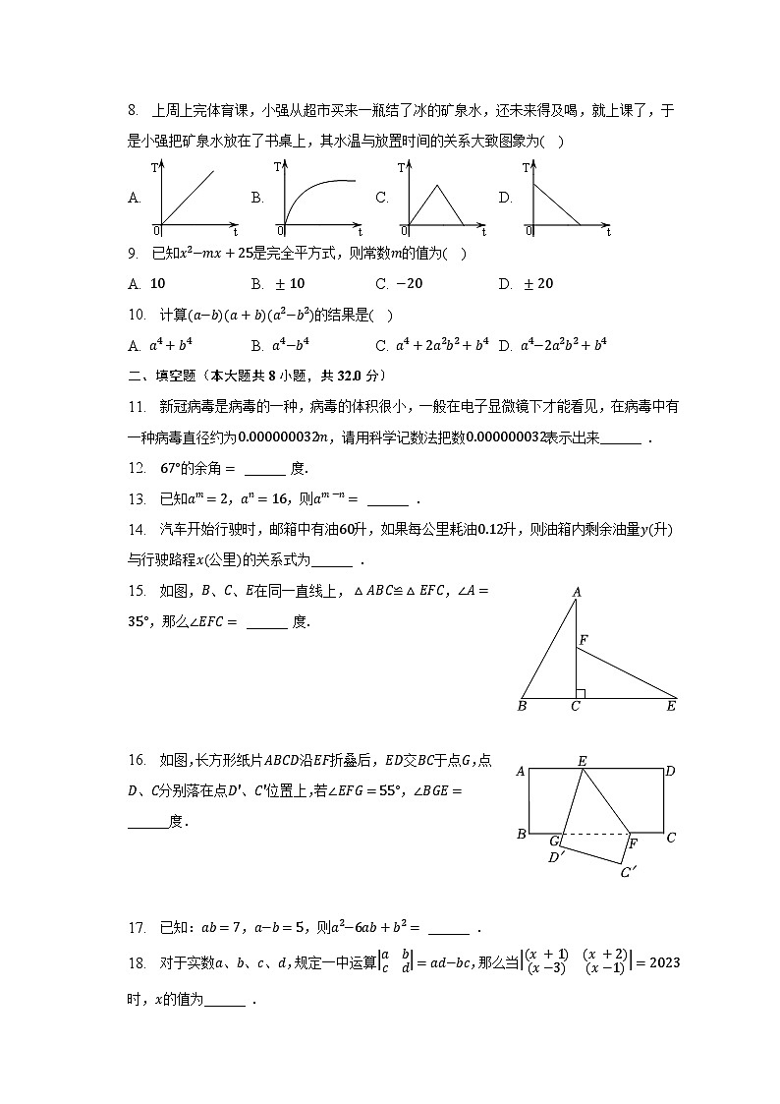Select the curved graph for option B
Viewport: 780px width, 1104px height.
tap(318, 198)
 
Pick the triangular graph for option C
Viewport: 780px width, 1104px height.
tap(442, 198)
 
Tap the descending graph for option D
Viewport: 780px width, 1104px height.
tap(567, 198)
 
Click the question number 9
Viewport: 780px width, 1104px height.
tap(135, 255)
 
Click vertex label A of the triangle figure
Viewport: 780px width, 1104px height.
tap(577, 592)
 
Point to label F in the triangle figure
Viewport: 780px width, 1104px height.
tap(584, 641)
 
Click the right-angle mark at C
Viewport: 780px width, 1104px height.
tap(581, 694)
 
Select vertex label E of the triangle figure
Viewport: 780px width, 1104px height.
tap(672, 705)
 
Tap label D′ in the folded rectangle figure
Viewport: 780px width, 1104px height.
tap(555, 857)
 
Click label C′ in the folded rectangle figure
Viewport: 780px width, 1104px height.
tap(628, 871)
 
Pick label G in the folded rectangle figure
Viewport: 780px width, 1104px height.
tap(554, 842)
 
